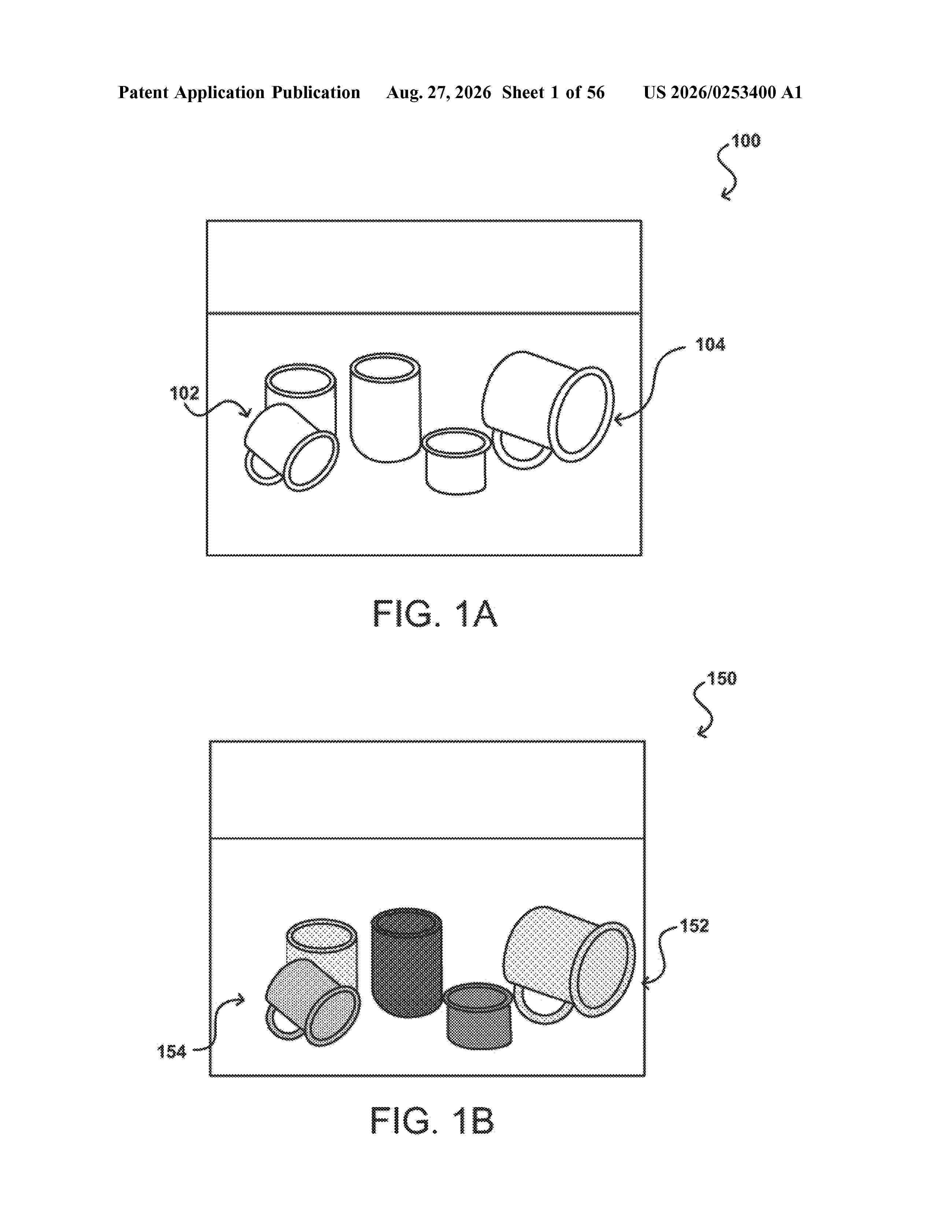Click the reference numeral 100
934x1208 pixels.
click(746, 141)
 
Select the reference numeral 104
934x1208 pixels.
click(710, 345)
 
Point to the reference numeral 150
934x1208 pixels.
click(722, 679)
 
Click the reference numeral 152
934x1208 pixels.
click(694, 926)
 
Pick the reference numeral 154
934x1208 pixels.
click(171, 1051)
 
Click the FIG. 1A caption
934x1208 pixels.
click(435, 614)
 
